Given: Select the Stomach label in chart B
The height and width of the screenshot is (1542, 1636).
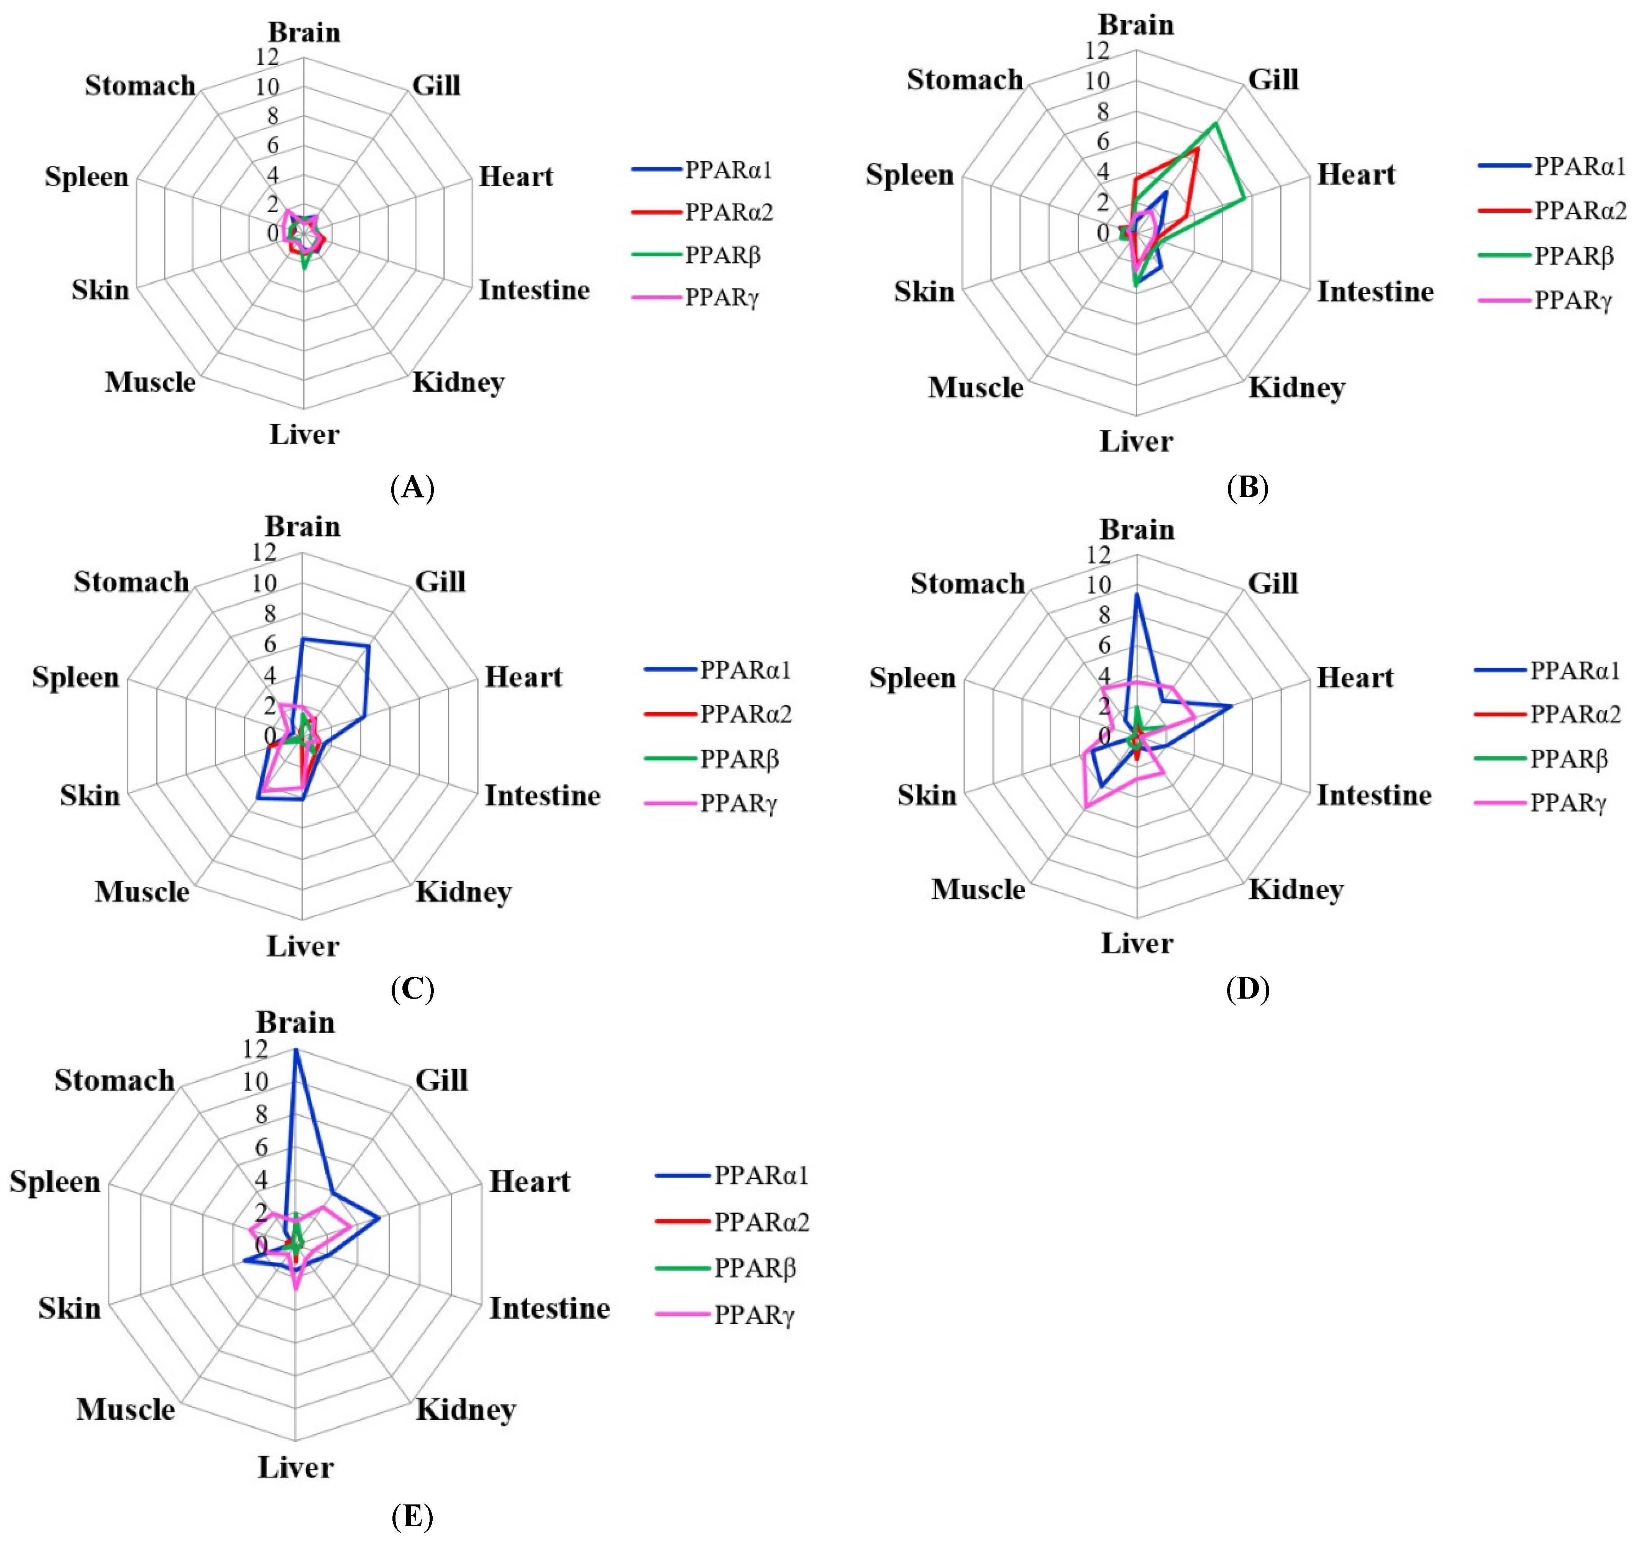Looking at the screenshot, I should click(965, 80).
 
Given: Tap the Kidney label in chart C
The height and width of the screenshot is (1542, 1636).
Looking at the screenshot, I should click(463, 892).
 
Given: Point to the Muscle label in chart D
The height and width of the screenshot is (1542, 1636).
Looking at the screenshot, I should click(978, 889).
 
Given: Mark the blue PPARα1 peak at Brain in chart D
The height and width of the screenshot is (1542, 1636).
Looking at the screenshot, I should click(1137, 594).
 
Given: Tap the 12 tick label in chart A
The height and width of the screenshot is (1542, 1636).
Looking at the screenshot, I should click(267, 57).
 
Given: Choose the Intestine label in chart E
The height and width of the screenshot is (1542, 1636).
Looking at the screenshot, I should click(550, 1308).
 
